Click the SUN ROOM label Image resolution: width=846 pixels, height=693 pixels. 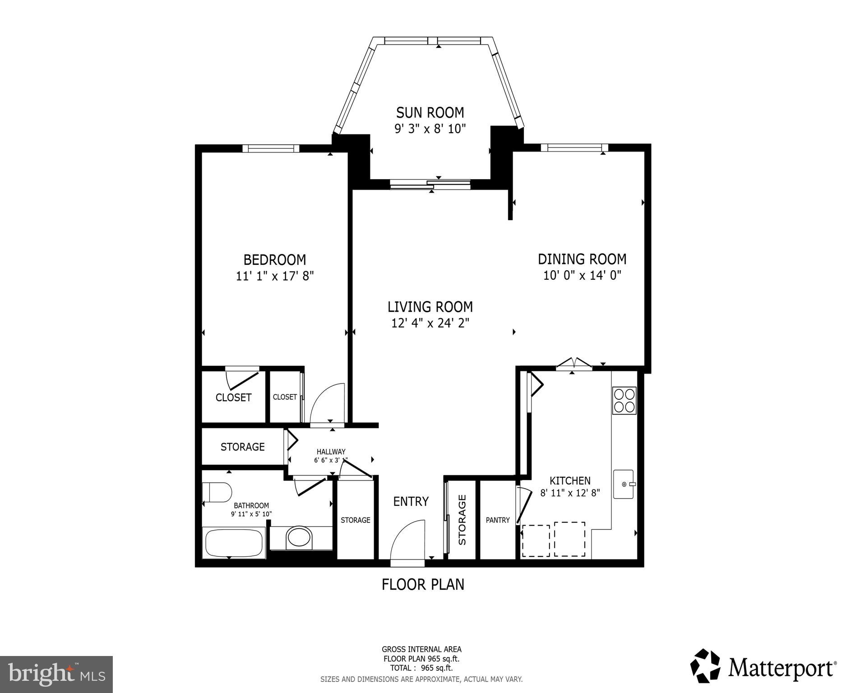(x=430, y=112)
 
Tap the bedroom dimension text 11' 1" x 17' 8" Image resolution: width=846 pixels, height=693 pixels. (x=274, y=276)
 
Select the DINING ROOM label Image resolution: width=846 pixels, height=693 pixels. (x=582, y=259)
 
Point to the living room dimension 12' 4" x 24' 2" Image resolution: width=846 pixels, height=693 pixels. (x=430, y=323)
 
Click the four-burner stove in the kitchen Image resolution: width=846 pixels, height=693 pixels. (x=624, y=400)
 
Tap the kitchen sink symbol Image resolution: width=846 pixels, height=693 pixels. (x=624, y=484)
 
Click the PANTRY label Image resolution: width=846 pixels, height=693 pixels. (x=498, y=520)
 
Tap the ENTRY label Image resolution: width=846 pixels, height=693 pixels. (x=411, y=502)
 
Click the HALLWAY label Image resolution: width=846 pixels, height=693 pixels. (x=331, y=452)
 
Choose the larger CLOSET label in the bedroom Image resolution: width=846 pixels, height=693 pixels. (x=233, y=397)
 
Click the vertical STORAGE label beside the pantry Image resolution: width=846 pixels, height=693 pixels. (x=462, y=520)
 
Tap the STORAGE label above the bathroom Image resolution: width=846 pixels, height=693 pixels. (x=242, y=447)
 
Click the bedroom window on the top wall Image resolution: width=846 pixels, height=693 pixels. (x=271, y=148)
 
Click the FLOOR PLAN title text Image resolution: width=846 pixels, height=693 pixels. (x=423, y=585)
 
